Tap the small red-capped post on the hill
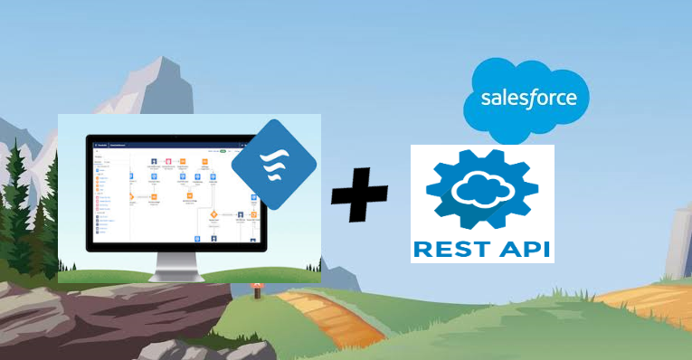pyautogui.click(x=256, y=290)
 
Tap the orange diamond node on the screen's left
pyautogui.click(x=132, y=195)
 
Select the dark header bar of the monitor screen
pyautogui.click(x=172, y=143)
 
